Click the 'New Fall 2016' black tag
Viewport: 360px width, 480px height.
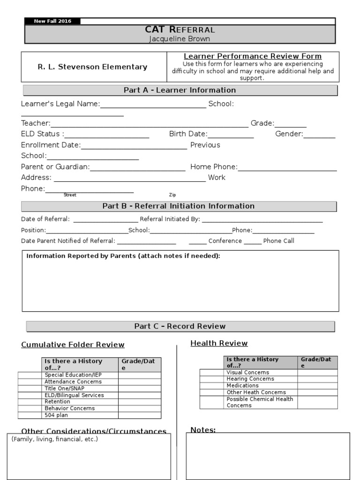[x=52, y=22]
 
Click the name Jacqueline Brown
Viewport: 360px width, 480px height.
[x=180, y=39]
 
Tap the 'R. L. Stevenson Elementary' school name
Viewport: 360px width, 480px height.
[x=92, y=67]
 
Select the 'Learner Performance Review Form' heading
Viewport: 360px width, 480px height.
[x=252, y=56]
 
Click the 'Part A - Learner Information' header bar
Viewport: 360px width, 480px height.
[x=180, y=90]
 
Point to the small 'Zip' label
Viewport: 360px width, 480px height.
[x=172, y=195]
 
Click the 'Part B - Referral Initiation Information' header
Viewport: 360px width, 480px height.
[x=179, y=206]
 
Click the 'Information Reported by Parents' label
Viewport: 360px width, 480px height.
[x=123, y=256]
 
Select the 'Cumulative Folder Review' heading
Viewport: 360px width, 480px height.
[x=73, y=345]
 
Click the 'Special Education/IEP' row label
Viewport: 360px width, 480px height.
[x=73, y=375]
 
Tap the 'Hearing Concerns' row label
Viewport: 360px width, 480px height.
[x=250, y=379]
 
